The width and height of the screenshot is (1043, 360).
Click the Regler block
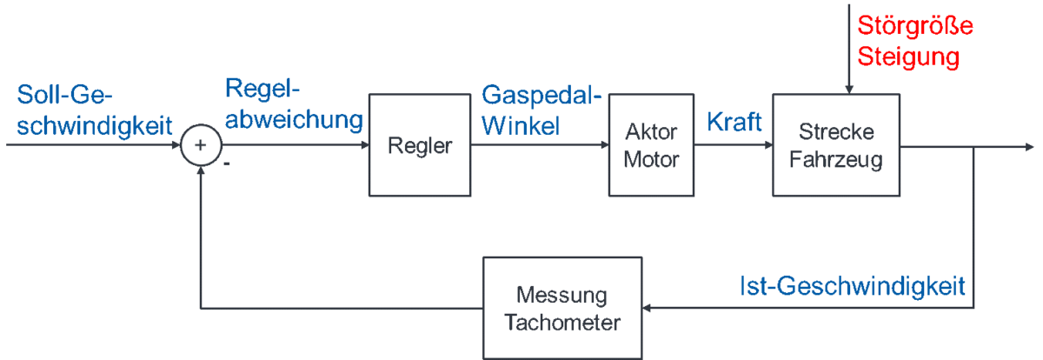point(420,145)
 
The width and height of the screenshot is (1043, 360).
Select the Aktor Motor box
point(650,145)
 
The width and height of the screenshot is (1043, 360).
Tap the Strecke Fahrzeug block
point(836,145)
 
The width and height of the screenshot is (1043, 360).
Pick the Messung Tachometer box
point(562,307)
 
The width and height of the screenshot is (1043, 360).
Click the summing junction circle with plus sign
point(200,145)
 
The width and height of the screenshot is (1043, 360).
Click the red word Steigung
point(908,57)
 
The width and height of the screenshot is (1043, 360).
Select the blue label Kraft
point(734,122)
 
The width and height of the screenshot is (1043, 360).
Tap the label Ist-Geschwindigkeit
point(853,286)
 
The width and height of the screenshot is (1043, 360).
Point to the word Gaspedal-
point(541,95)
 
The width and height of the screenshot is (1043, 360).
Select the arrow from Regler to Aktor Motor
point(539,145)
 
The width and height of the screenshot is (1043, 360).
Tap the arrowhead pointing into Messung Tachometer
point(648,307)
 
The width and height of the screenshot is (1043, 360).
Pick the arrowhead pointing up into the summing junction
point(200,171)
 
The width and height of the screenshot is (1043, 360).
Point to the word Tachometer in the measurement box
point(562,323)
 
